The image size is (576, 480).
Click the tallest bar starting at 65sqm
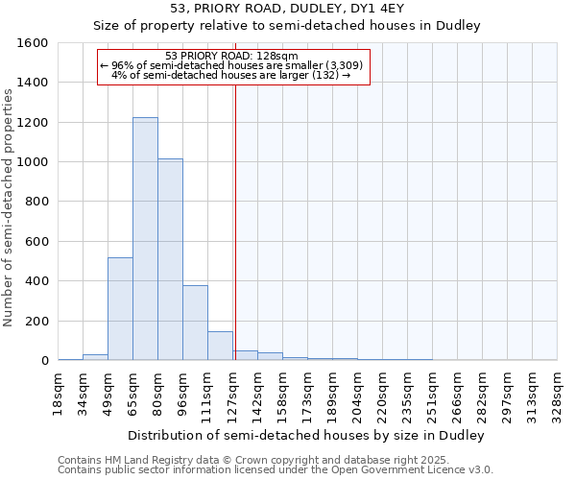(145, 239)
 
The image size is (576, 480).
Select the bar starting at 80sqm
(170, 259)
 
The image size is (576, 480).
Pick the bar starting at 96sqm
(195, 323)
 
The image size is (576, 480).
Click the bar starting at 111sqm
(220, 346)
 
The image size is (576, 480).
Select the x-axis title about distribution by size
(305, 435)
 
